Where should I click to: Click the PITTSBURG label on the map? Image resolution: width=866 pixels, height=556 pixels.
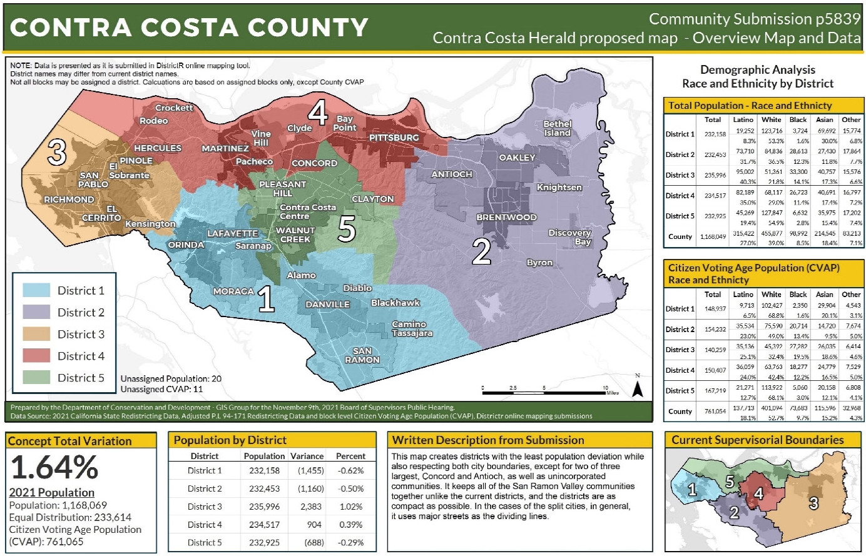point(394,138)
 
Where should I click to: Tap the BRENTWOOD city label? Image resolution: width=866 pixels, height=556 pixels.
point(506,218)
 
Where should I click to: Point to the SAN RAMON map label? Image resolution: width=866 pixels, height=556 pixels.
point(362,355)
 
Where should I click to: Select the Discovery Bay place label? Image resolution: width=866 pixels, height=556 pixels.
point(569,237)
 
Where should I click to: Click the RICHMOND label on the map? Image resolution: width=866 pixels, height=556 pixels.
point(69,200)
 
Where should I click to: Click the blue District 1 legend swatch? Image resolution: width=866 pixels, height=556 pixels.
point(36,290)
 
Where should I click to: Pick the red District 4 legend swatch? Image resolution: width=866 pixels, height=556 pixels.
point(36,356)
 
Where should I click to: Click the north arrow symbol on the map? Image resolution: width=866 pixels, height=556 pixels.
point(637,388)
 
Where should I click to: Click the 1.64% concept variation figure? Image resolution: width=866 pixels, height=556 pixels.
point(54,467)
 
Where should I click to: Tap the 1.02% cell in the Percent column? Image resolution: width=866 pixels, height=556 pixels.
point(350,507)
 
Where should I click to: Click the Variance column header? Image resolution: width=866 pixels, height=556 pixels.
point(307,457)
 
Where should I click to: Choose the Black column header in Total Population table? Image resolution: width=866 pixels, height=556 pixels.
point(798,119)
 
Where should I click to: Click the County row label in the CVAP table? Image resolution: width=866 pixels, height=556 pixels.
point(680,412)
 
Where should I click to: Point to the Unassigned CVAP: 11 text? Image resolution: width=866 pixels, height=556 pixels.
point(162,389)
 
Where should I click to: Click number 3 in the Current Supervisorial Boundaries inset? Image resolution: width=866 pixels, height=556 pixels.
point(813,503)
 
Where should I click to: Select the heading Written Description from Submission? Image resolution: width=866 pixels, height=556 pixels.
point(488,440)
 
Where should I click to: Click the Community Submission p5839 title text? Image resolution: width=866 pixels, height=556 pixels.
point(755,19)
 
